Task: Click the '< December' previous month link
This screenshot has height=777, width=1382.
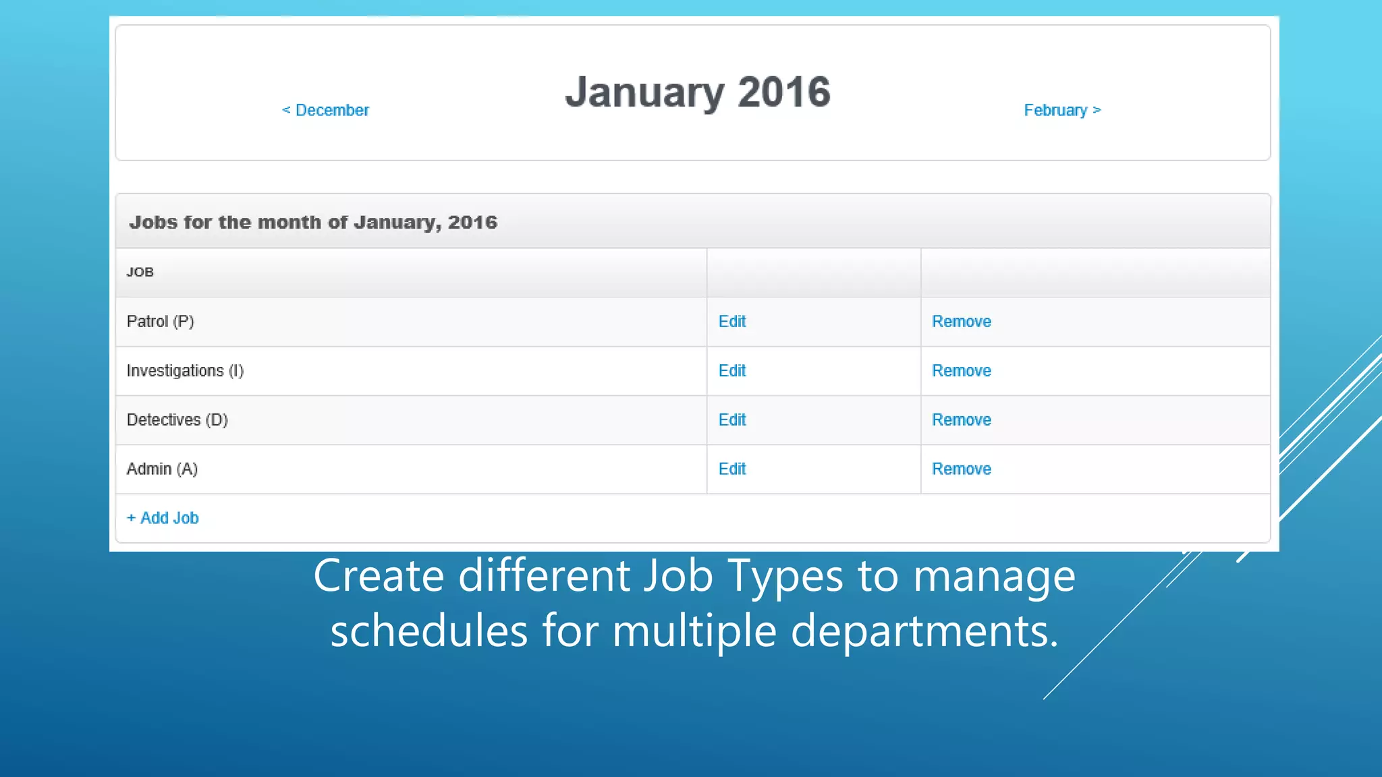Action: click(x=325, y=110)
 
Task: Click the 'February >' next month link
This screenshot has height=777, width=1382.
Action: click(x=1062, y=110)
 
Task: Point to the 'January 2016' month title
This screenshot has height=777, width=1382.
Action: click(x=698, y=92)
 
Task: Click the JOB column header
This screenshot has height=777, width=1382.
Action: click(x=140, y=272)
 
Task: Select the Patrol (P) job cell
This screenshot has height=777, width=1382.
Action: click(x=161, y=322)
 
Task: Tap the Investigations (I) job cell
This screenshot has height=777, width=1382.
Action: click(x=185, y=371)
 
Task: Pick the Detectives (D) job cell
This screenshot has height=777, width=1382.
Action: click(x=177, y=420)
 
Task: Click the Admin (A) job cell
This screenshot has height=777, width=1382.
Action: click(x=162, y=469)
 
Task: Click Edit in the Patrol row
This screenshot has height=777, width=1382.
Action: click(x=732, y=322)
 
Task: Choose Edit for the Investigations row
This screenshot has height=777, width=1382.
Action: click(x=732, y=371)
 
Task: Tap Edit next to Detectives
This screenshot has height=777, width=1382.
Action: click(x=732, y=420)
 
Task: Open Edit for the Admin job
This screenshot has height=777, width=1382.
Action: click(x=732, y=469)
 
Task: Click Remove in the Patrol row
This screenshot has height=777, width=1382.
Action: click(x=962, y=322)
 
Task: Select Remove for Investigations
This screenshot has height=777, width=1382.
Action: click(x=962, y=371)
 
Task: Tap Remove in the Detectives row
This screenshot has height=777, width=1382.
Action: click(x=962, y=420)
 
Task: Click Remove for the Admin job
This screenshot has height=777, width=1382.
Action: click(x=962, y=469)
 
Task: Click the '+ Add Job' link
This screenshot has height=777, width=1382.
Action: click(x=163, y=518)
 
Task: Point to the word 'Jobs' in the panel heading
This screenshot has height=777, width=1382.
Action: click(x=153, y=223)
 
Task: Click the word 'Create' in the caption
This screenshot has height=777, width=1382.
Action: click(x=379, y=577)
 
